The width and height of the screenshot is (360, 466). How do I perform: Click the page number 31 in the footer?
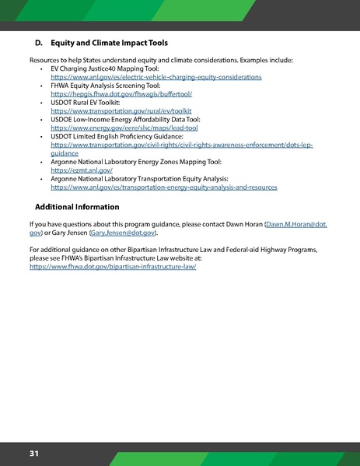35,453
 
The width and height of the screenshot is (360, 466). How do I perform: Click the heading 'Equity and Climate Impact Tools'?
109,42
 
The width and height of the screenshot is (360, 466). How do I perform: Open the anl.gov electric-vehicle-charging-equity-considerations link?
149,79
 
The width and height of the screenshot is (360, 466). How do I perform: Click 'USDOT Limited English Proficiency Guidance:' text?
117,137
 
